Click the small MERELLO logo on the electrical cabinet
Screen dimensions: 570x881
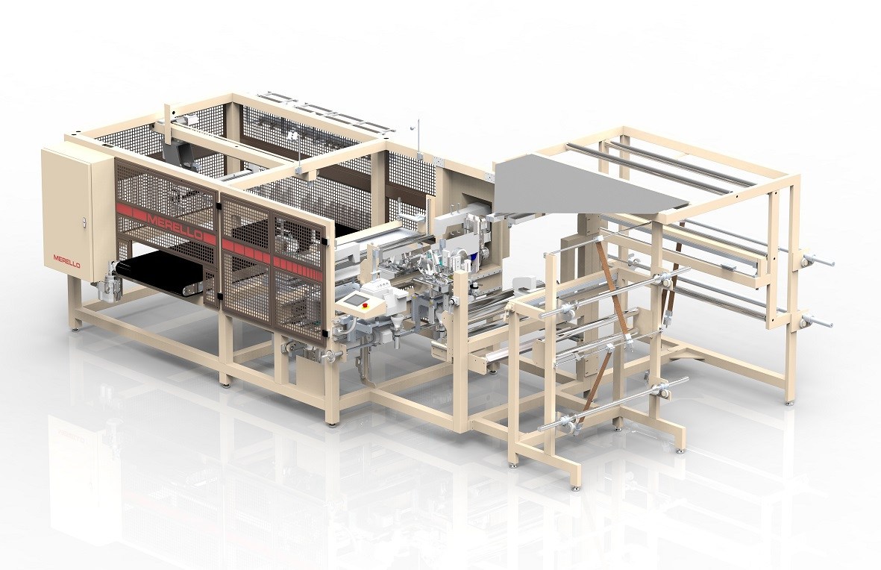[x=66, y=258]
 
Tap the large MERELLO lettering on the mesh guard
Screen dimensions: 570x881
[x=175, y=223]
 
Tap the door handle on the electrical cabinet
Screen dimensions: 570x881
[x=84, y=222]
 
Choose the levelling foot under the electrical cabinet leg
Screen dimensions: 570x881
[x=75, y=326]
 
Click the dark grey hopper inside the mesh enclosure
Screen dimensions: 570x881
[x=175, y=154]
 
